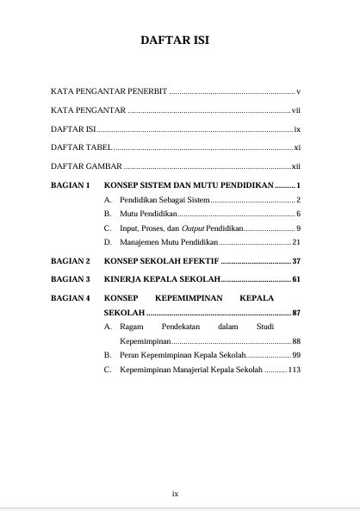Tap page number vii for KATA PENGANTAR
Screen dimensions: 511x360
(x=295, y=110)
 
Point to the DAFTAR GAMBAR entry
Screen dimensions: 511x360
(x=86, y=167)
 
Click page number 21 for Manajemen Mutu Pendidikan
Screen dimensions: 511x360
(x=295, y=242)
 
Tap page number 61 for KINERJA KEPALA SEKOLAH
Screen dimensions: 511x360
(x=295, y=279)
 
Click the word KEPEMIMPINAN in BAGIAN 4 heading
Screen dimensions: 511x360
(x=189, y=298)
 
